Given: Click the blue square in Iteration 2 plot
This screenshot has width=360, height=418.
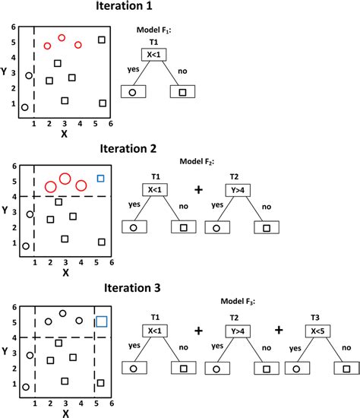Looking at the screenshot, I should pos(100,179).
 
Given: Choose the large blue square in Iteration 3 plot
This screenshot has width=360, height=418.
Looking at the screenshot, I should pos(100,321).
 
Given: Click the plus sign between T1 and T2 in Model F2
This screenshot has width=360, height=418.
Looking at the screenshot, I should pos(200,188).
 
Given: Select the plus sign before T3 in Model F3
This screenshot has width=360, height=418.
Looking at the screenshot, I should pos(279,331).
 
